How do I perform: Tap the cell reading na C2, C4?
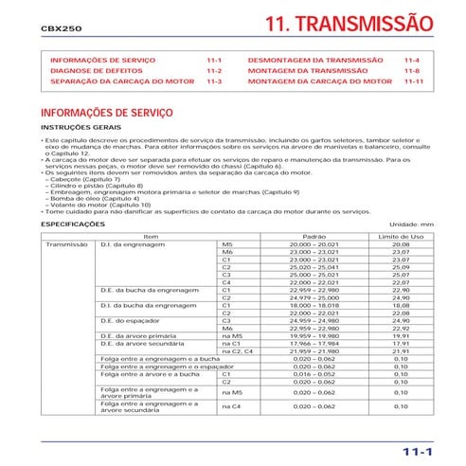(x=236, y=351)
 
